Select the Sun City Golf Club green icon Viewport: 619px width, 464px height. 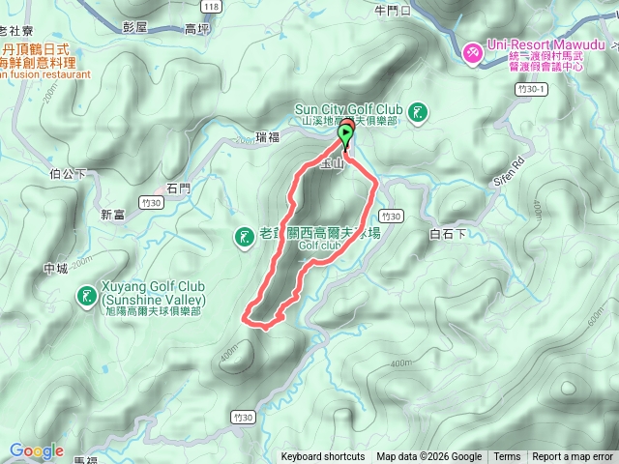(x=418, y=114)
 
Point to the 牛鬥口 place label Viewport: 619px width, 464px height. (x=392, y=12)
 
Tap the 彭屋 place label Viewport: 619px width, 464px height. (x=135, y=28)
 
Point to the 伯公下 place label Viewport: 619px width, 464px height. (x=68, y=175)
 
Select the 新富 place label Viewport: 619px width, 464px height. (x=112, y=215)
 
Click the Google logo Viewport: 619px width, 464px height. (x=36, y=450)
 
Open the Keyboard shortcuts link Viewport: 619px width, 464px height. (x=323, y=457)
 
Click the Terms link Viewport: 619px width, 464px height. (x=507, y=457)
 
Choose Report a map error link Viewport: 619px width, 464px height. (x=574, y=457)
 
